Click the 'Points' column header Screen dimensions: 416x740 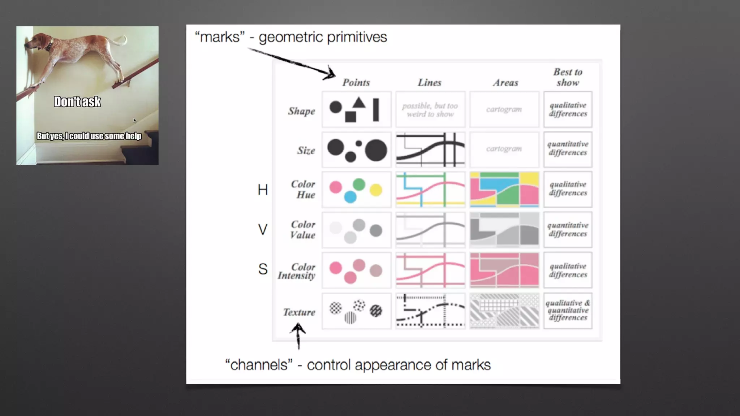pos(356,83)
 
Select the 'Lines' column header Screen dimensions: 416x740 pos(429,83)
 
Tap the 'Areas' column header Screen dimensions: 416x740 pos(505,83)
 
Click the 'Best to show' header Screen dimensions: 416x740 pos(568,77)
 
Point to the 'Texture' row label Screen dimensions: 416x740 pos(299,312)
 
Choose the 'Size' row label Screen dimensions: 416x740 pos(306,150)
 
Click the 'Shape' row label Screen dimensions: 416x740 pos(301,111)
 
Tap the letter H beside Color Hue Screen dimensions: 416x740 pos(263,190)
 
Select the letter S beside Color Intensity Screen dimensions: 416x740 pos(263,269)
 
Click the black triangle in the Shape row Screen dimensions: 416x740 pos(359,103)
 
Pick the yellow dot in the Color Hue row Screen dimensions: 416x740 pos(376,190)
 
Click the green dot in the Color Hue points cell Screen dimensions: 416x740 pos(359,185)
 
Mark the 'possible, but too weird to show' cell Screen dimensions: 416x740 pos(430,110)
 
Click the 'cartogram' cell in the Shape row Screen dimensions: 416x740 pos(504,109)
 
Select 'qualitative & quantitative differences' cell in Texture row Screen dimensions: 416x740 pos(568,311)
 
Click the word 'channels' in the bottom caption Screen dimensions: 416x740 pos(259,365)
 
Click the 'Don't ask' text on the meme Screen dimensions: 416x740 pos(77,102)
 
